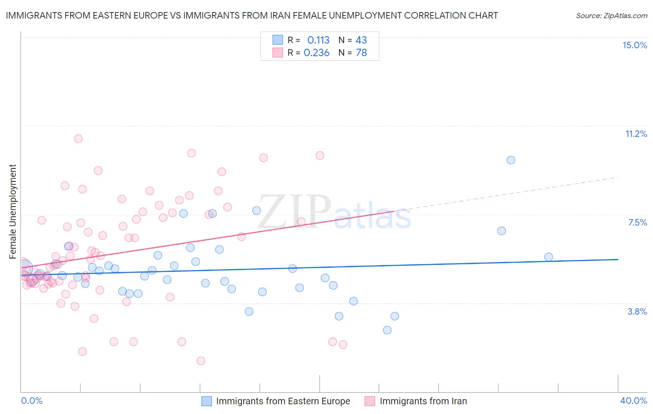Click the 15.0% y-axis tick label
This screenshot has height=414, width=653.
click(x=634, y=45)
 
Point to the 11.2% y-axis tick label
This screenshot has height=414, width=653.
click(x=636, y=134)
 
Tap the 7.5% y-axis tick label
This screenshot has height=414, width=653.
click(x=637, y=222)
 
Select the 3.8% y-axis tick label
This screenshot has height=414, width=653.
click(x=637, y=311)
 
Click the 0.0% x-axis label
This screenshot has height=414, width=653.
click(x=32, y=401)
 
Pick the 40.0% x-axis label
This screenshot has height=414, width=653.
click(x=633, y=401)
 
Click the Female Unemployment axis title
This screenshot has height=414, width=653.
click(x=13, y=211)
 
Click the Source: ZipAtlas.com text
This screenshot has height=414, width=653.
click(x=611, y=15)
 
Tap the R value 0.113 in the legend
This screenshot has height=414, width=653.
click(x=318, y=40)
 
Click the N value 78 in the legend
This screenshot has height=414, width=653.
click(x=361, y=52)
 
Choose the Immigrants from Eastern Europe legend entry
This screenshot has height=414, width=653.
click(x=275, y=401)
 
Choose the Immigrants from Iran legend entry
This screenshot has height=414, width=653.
click(x=416, y=401)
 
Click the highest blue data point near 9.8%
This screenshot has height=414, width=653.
click(x=511, y=160)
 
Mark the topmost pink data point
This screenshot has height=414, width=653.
click(x=78, y=139)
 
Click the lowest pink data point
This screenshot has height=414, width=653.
click(x=201, y=361)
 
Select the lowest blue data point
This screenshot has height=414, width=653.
click(x=387, y=330)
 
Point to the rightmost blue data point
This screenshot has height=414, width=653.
click(x=549, y=257)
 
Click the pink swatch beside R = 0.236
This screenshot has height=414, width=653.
click(x=278, y=52)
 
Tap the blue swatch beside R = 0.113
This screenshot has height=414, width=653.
click(x=278, y=40)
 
